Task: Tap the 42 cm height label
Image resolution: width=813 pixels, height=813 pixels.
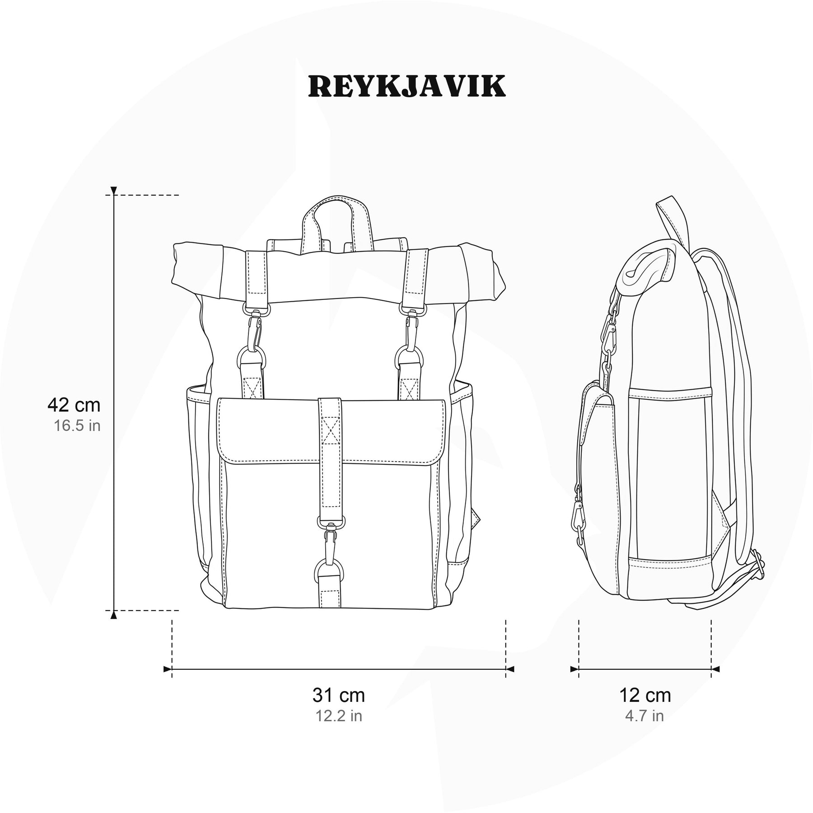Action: click(x=74, y=405)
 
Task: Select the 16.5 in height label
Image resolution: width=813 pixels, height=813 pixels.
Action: click(x=77, y=425)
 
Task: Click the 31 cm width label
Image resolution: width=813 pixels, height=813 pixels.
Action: click(x=339, y=695)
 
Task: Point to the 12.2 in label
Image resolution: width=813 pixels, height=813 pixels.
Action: click(x=339, y=716)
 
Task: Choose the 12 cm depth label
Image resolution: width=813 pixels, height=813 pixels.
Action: click(x=645, y=695)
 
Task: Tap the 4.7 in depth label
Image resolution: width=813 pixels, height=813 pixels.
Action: click(x=645, y=716)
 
